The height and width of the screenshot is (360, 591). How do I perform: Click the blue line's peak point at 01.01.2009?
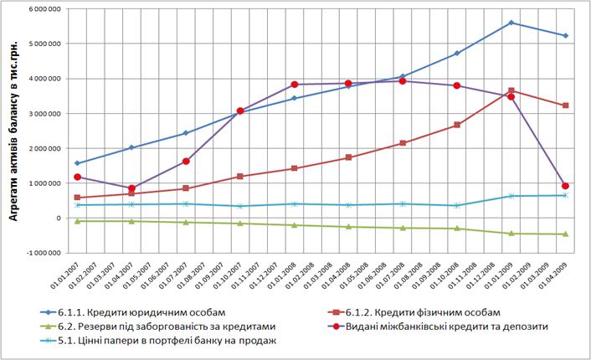click(x=511, y=23)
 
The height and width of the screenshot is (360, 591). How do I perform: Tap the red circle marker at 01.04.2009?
click(x=565, y=186)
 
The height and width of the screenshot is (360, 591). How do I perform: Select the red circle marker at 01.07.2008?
click(x=403, y=81)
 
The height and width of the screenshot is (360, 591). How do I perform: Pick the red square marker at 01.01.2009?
click(x=511, y=90)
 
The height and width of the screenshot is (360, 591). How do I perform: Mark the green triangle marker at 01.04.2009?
click(x=565, y=234)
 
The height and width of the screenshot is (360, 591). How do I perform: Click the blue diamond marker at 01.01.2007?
click(x=77, y=163)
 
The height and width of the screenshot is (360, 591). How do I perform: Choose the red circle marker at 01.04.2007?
click(x=131, y=188)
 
